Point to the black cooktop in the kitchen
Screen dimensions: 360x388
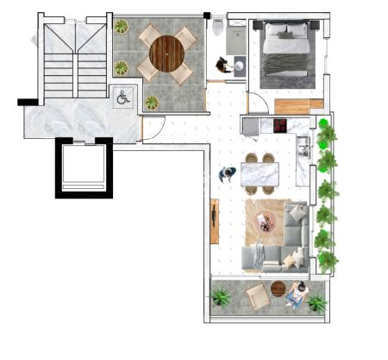279,126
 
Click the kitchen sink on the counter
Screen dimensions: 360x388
303,147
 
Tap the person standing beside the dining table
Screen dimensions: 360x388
228,174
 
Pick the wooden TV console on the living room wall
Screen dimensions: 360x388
215,220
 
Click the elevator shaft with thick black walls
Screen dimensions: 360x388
84,167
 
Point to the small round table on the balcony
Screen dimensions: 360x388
278,289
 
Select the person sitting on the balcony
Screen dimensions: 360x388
297,294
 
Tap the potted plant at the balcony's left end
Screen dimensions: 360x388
221,298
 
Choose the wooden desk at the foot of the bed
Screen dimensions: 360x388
292,105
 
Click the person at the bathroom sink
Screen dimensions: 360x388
225,65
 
